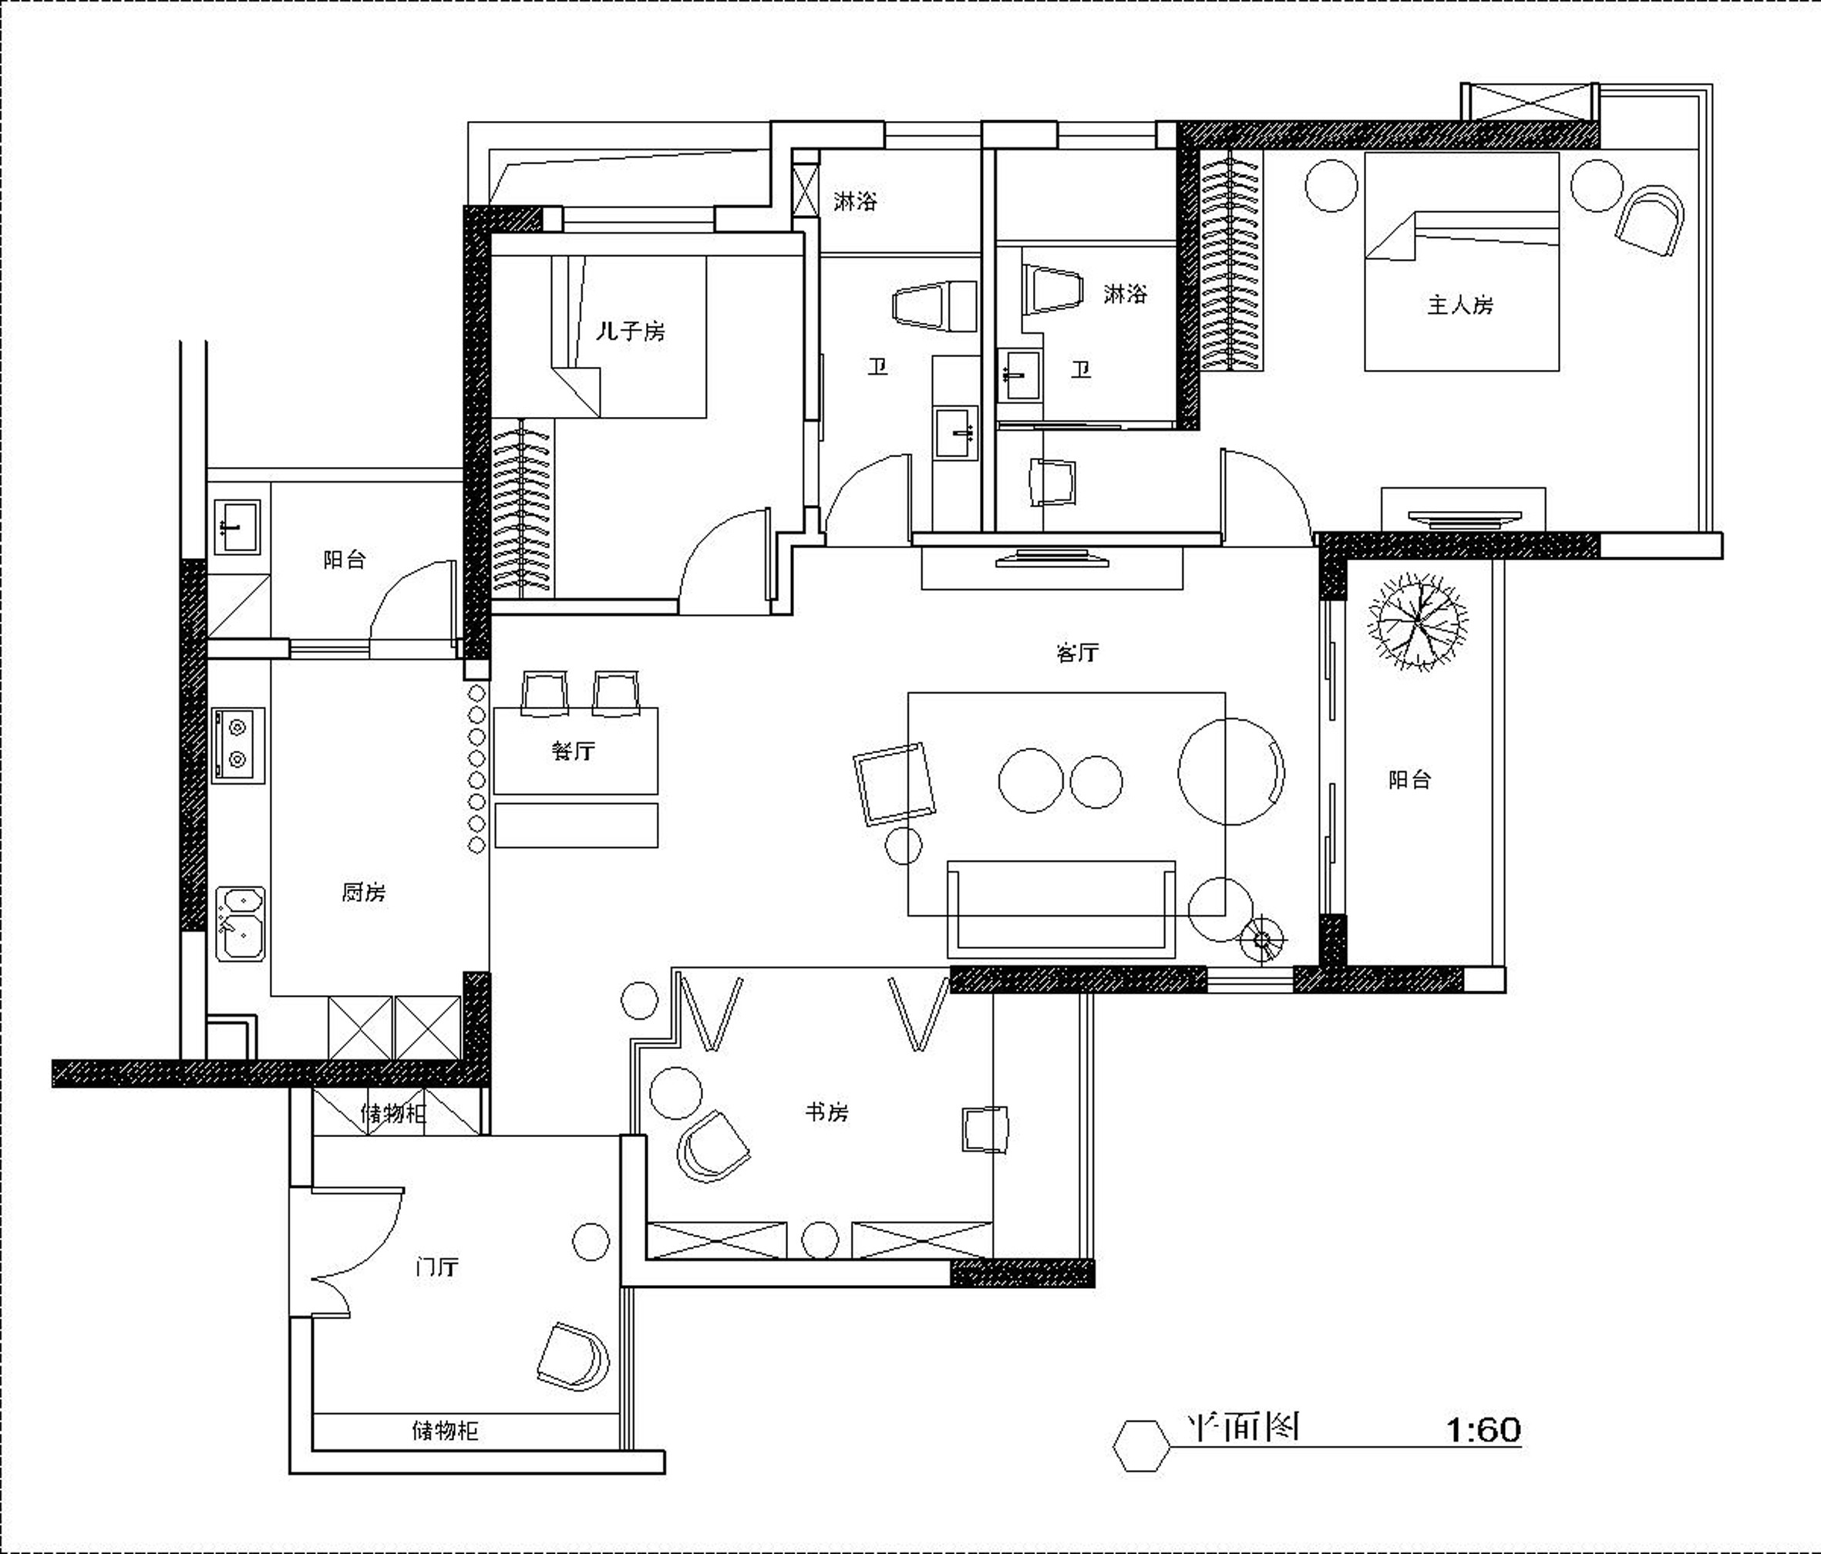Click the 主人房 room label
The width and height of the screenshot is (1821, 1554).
[1459, 305]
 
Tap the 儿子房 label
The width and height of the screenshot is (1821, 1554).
[630, 331]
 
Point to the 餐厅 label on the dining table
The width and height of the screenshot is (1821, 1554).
[573, 751]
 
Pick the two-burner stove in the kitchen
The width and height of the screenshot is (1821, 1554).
[237, 745]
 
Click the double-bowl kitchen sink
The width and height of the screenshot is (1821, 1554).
[240, 923]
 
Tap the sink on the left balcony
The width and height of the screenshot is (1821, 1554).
[237, 526]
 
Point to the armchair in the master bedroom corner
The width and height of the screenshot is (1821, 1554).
[1650, 220]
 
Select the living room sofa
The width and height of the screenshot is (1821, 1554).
[1061, 909]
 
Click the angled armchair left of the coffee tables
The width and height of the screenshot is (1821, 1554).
[894, 784]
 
